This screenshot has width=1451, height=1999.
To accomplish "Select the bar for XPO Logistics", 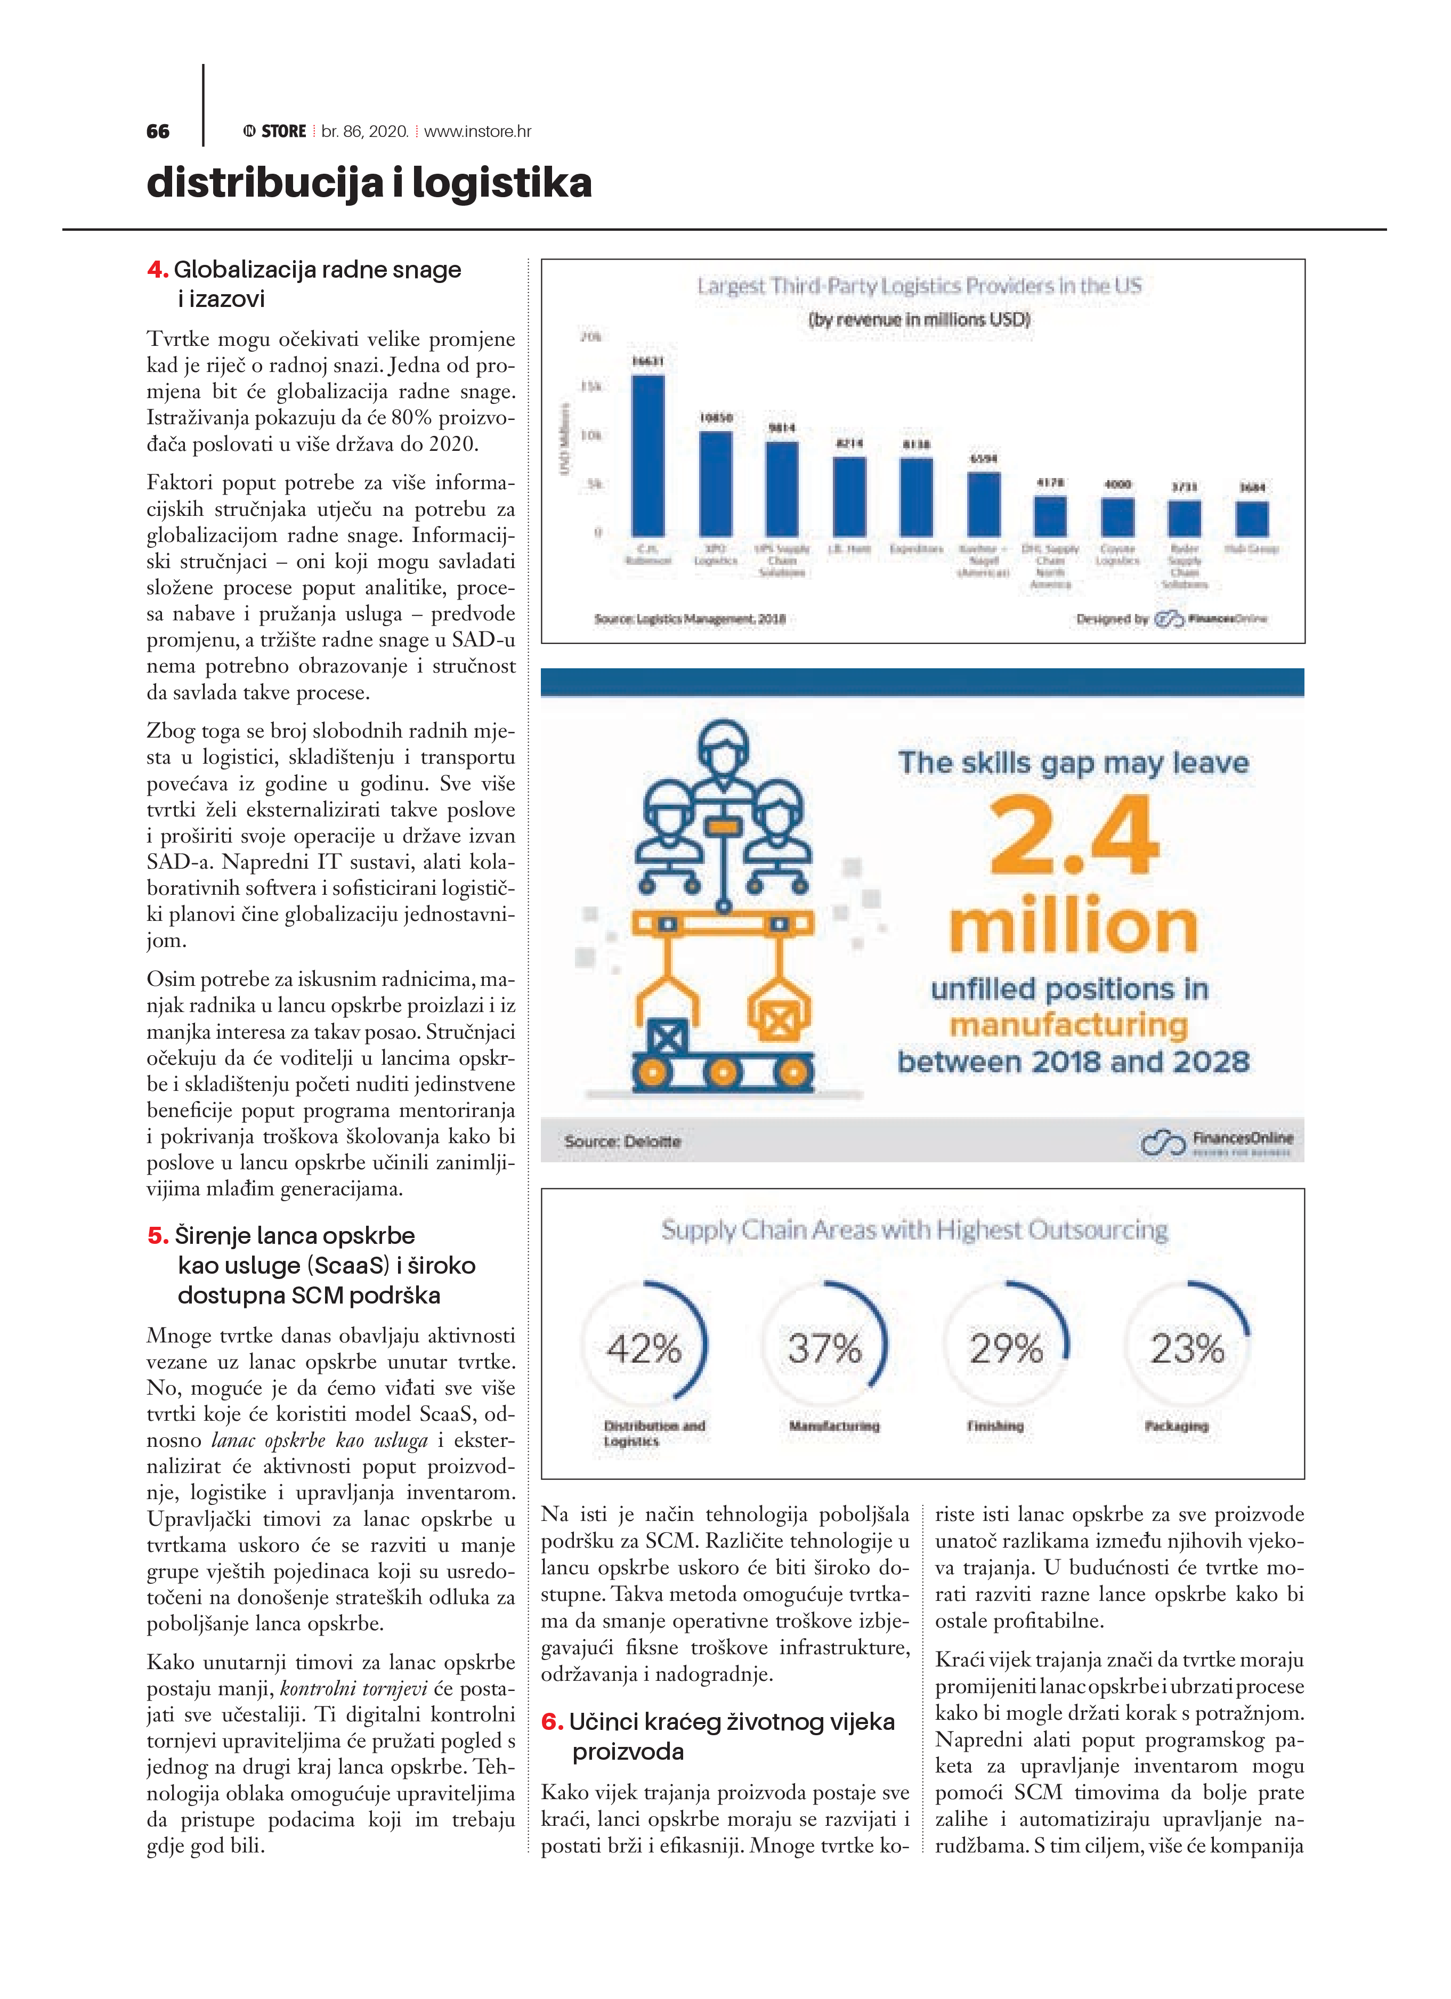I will pos(715,484).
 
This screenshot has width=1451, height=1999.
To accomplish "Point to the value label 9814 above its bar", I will pos(782,427).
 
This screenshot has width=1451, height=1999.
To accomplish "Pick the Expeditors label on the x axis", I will pos(916,549).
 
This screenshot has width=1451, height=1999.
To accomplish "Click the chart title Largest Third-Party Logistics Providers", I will pos(919,286).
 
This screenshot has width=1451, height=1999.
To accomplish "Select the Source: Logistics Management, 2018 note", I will pos(690,619).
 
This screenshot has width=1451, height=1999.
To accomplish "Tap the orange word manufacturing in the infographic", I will pos(1068,1024).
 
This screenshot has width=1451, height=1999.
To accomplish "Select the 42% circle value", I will pos(644,1348).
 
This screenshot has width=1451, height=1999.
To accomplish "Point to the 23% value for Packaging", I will pos(1187,1348).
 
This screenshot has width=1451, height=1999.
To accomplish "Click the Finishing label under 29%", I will pos(995,1425).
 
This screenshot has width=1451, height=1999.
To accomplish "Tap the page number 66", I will pos(158,131).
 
